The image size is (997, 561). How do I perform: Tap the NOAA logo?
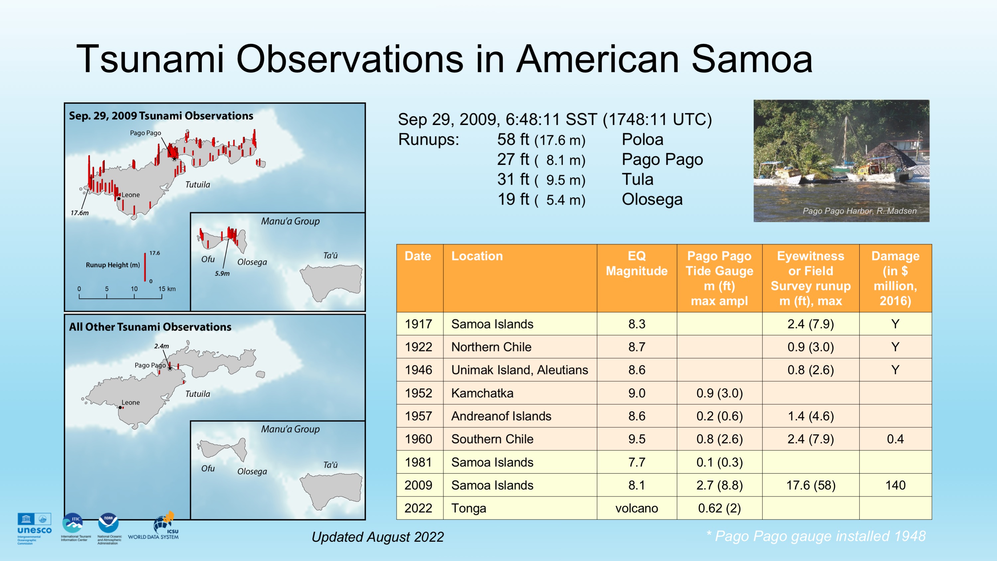(x=109, y=529)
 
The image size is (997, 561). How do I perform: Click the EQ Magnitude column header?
(x=637, y=263)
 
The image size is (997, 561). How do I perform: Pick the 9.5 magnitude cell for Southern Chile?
(x=637, y=439)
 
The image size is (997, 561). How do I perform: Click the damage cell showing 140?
(x=895, y=485)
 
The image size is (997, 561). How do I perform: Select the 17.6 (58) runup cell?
(x=810, y=485)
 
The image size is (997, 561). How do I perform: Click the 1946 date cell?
(x=419, y=370)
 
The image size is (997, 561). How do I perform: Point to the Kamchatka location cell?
(x=482, y=393)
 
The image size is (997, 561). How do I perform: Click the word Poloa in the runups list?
(x=643, y=139)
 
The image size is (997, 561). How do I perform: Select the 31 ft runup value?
(x=513, y=179)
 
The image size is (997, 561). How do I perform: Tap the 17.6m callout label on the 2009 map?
(x=79, y=213)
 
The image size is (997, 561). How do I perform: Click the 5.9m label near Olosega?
(x=222, y=273)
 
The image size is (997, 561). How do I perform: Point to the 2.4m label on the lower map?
(x=161, y=346)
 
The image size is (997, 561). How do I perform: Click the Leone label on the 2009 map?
(x=131, y=195)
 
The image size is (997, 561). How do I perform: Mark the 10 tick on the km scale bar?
(x=134, y=289)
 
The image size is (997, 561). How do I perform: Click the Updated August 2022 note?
(x=378, y=537)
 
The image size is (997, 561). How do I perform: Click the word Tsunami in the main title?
(x=151, y=59)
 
